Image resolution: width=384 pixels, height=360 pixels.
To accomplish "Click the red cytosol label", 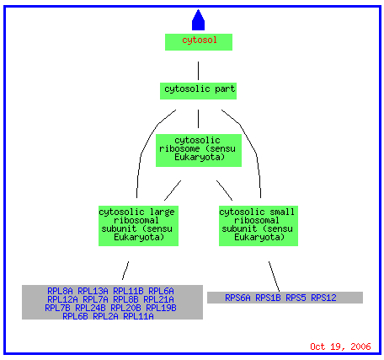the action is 200,40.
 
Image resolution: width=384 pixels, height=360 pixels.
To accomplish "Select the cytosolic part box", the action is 198,91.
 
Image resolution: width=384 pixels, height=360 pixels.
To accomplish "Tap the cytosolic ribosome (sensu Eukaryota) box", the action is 199,150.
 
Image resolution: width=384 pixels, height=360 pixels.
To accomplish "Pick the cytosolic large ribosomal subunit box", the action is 138,226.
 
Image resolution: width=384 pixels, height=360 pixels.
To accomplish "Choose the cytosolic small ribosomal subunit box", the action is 259,226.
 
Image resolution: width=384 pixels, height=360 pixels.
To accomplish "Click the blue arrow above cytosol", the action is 198,19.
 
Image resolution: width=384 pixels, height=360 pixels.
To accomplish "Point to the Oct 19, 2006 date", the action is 340,347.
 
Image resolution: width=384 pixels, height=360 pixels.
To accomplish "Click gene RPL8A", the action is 60,291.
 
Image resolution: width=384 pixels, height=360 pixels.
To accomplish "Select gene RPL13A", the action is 93,291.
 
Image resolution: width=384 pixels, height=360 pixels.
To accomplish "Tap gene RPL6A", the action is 161,291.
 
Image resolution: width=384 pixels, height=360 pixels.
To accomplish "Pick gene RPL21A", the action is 158,299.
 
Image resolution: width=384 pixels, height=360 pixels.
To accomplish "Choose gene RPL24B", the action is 90,308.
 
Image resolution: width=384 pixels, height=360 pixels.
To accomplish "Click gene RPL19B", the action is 161,308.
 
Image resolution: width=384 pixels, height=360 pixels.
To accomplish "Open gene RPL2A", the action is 105,316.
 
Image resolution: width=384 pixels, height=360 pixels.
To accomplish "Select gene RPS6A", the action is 237,298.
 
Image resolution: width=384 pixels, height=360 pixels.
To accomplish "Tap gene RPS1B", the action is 268,298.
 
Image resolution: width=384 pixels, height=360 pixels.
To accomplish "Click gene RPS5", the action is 296,298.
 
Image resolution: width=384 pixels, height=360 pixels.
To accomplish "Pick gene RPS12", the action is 323,298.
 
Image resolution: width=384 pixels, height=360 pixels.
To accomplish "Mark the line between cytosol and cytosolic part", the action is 198,71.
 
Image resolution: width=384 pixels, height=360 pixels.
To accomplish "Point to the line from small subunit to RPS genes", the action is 274,277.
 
